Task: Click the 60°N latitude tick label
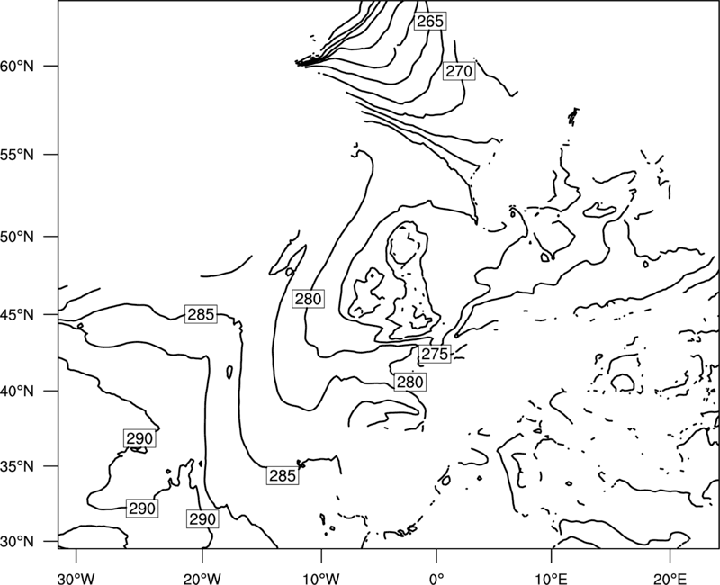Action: tap(17, 67)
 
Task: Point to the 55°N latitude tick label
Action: tap(17, 155)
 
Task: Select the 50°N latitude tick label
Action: tap(17, 237)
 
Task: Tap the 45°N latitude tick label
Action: tap(17, 315)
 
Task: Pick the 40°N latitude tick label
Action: tap(17, 391)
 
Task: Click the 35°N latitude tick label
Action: tap(17, 466)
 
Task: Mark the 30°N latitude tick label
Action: tap(17, 542)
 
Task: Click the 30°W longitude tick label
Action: tap(76, 579)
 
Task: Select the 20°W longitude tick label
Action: tap(202, 579)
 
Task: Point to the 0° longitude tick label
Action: tap(436, 579)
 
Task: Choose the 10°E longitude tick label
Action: tap(551, 579)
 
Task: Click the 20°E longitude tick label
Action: tap(670, 579)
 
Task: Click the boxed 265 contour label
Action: tap(430, 21)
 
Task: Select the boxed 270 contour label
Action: tap(459, 71)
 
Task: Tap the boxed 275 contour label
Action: tap(435, 354)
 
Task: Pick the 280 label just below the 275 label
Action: tap(410, 382)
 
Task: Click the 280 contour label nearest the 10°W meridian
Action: tap(308, 299)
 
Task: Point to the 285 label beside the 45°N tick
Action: tap(201, 314)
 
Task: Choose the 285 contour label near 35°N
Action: tap(283, 476)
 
